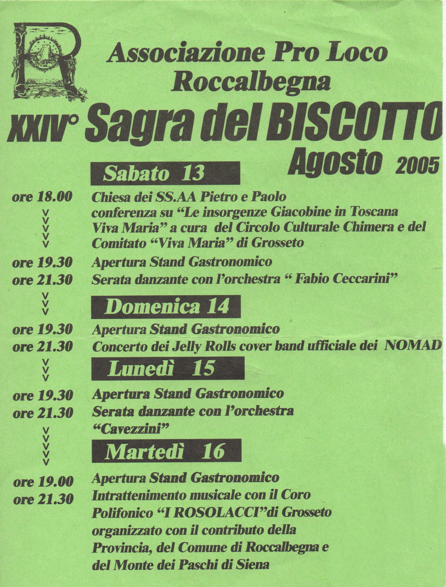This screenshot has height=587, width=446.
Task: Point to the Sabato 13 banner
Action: coord(165,174)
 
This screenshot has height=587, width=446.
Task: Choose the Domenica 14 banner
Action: coord(166,307)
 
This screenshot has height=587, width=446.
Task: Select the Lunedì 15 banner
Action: coord(167,368)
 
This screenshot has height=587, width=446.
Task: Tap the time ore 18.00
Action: coord(42,197)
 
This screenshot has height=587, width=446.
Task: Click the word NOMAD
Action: coord(413,346)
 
